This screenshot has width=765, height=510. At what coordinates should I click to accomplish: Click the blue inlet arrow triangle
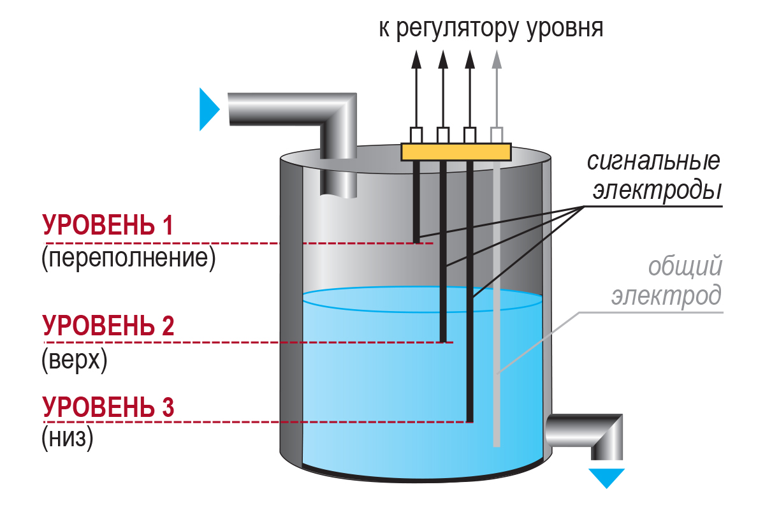pyautogui.click(x=208, y=109)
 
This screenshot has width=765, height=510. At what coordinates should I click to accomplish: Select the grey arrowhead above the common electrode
pyautogui.click(x=497, y=59)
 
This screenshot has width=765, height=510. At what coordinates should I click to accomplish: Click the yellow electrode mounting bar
pyautogui.click(x=456, y=152)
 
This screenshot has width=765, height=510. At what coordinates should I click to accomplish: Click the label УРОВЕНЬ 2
pyautogui.click(x=108, y=325)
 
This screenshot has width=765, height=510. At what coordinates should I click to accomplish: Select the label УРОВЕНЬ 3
pyautogui.click(x=108, y=407)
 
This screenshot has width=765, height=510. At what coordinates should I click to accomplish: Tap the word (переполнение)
pyautogui.click(x=128, y=259)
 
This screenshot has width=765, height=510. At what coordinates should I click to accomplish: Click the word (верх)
pyautogui.click(x=74, y=360)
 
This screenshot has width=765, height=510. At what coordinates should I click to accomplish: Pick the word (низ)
pyautogui.click(x=68, y=438)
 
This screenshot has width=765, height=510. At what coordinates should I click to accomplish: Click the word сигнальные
pyautogui.click(x=653, y=161)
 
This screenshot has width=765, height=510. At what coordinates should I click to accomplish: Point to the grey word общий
pyautogui.click(x=685, y=266)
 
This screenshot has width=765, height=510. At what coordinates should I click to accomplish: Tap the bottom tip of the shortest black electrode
pyautogui.click(x=416, y=242)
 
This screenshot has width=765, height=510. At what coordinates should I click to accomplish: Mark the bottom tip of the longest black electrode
pyautogui.click(x=470, y=421)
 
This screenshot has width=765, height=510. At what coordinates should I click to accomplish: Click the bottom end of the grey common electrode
pyautogui.click(x=497, y=446)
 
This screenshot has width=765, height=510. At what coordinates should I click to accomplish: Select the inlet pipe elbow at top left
pyautogui.click(x=338, y=109)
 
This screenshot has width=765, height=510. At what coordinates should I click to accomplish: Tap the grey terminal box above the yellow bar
pyautogui.click(x=497, y=135)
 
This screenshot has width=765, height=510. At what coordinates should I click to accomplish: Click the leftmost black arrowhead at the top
pyautogui.click(x=416, y=59)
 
